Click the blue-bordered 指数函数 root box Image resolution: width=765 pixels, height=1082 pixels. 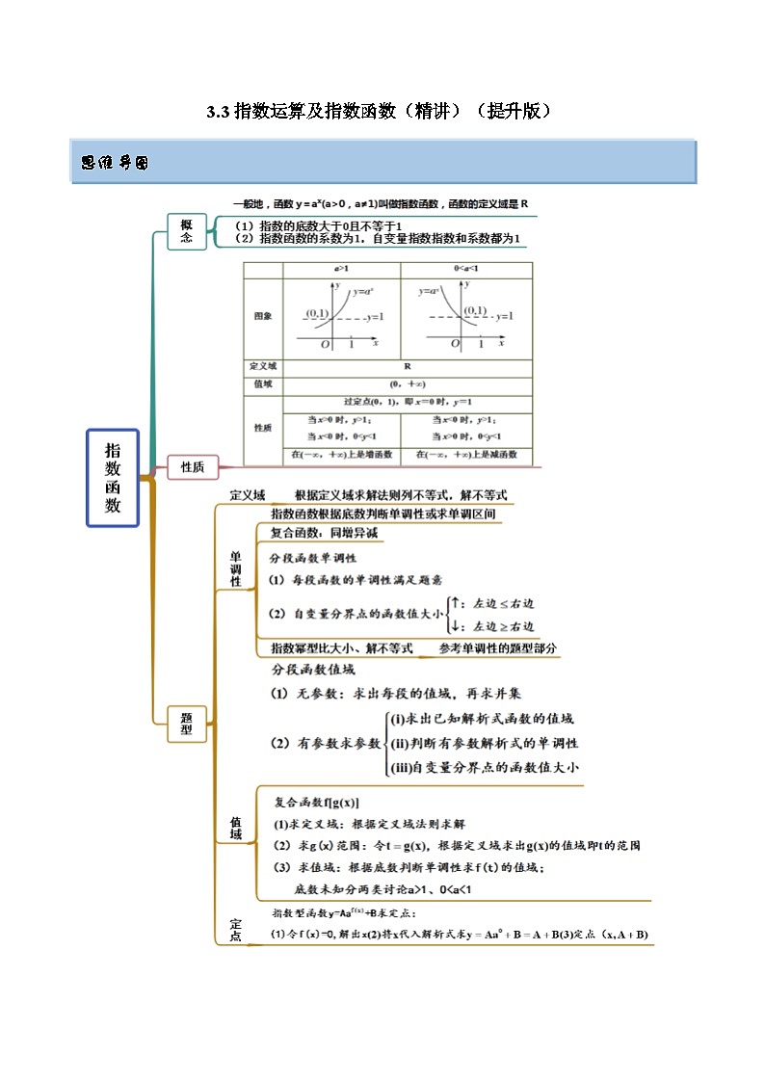click(113, 478)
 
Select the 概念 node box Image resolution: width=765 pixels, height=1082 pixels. click(187, 231)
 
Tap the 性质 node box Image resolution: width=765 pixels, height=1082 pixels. click(193, 467)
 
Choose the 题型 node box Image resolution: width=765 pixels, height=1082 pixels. click(187, 724)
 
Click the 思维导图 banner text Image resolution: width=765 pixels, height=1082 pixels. click(115, 164)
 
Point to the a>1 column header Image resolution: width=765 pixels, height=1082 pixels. click(341, 270)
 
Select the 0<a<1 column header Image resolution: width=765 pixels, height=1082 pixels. click(466, 270)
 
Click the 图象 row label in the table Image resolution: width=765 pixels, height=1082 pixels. click(263, 316)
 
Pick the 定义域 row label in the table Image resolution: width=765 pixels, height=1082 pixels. click(263, 366)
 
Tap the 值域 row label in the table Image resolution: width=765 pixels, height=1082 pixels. click(263, 383)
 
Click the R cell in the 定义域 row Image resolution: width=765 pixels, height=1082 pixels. click(407, 366)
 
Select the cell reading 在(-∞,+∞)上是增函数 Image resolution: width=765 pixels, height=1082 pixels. click(341, 454)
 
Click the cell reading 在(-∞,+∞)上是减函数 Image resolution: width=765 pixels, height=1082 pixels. click(466, 454)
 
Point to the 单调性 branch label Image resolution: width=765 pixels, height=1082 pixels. click(236, 568)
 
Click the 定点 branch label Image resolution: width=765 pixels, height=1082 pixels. click(236, 930)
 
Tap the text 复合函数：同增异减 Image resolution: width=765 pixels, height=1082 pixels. click(324, 533)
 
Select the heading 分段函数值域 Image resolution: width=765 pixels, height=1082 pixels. click(313, 670)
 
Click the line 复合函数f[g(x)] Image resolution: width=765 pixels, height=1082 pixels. click(317, 803)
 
